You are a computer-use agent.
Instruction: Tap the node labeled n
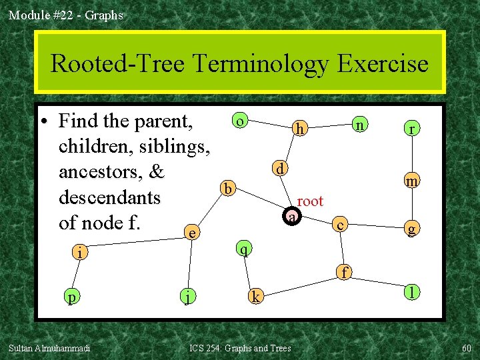(x=359, y=124)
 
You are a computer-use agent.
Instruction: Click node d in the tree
(x=281, y=168)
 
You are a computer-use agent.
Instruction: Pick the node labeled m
(x=413, y=180)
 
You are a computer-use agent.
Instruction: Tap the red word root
(x=310, y=201)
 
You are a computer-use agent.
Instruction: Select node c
(x=340, y=225)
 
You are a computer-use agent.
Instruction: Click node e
(x=192, y=233)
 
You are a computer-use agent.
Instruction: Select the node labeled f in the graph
(x=344, y=271)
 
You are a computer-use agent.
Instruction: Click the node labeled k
(x=255, y=295)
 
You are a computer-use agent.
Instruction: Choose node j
(x=189, y=296)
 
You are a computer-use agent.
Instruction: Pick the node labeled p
(x=70, y=296)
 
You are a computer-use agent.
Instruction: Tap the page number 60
(x=466, y=348)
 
